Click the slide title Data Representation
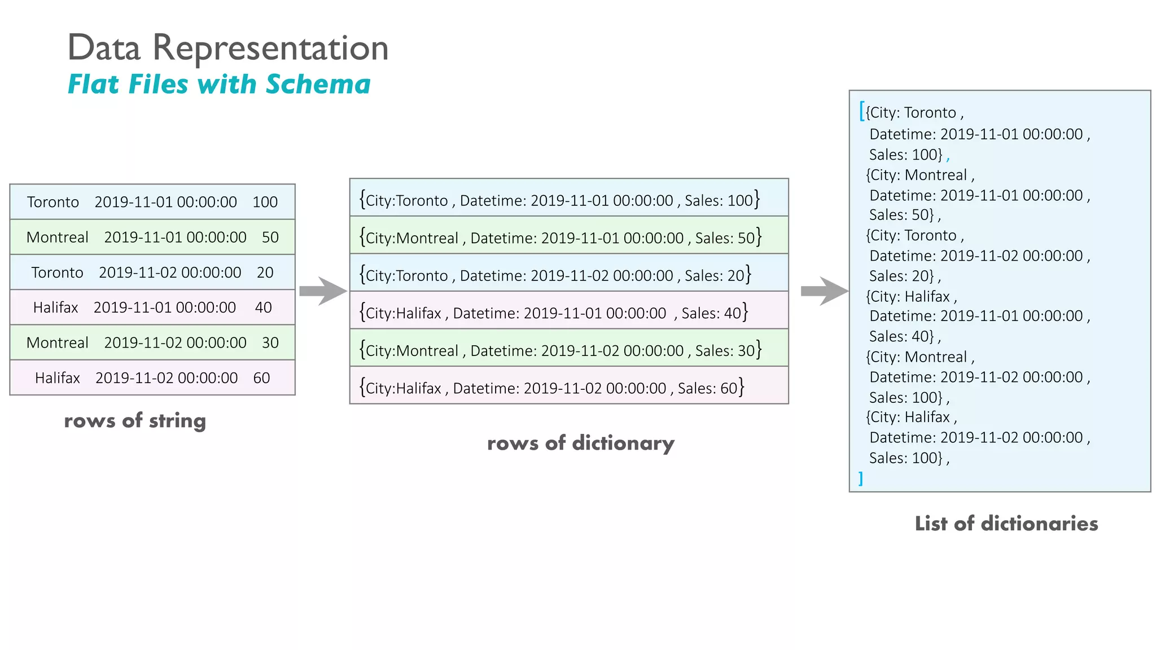click(x=227, y=47)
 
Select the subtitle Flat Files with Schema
click(x=219, y=84)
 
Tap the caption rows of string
click(x=135, y=420)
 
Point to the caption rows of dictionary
click(x=580, y=443)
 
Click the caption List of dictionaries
click(x=1006, y=524)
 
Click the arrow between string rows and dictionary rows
click(x=322, y=291)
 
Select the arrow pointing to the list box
click(x=824, y=291)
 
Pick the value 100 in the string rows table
click(x=265, y=202)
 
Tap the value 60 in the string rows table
click(x=261, y=378)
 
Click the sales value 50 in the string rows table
click(x=270, y=237)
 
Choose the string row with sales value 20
click(x=152, y=273)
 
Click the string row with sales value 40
click(x=152, y=308)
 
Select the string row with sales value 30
click(x=152, y=342)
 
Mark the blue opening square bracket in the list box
click(x=862, y=111)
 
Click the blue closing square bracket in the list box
click(x=861, y=478)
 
